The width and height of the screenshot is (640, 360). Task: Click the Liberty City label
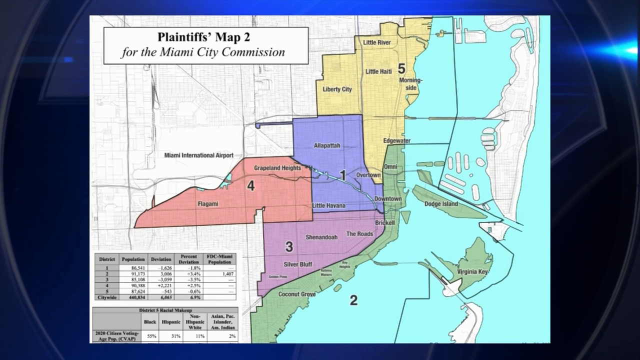tap(337, 89)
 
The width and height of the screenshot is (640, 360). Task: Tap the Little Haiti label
tap(378, 71)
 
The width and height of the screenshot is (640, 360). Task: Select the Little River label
tap(377, 43)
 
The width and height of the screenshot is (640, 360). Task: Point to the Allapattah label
tap(327, 145)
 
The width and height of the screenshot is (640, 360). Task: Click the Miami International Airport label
tap(199, 155)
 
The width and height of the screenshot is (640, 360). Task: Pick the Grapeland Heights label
tap(277, 168)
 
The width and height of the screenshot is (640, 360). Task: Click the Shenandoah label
tap(321, 237)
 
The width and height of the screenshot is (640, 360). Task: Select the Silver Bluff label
tap(298, 264)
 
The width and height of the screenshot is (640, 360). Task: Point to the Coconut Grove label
tap(297, 294)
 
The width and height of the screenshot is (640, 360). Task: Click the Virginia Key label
tap(472, 272)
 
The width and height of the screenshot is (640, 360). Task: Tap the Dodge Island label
tap(441, 204)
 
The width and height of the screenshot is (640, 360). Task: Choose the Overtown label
tap(368, 175)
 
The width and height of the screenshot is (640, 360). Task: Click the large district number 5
tap(401, 68)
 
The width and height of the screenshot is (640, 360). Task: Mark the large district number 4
tap(251, 186)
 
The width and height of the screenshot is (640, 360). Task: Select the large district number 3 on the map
tap(289, 246)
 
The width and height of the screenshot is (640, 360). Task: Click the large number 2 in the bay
tap(353, 300)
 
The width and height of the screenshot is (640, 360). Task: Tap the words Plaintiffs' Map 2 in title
tap(204, 37)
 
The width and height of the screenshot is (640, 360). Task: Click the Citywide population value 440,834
tap(133, 296)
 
